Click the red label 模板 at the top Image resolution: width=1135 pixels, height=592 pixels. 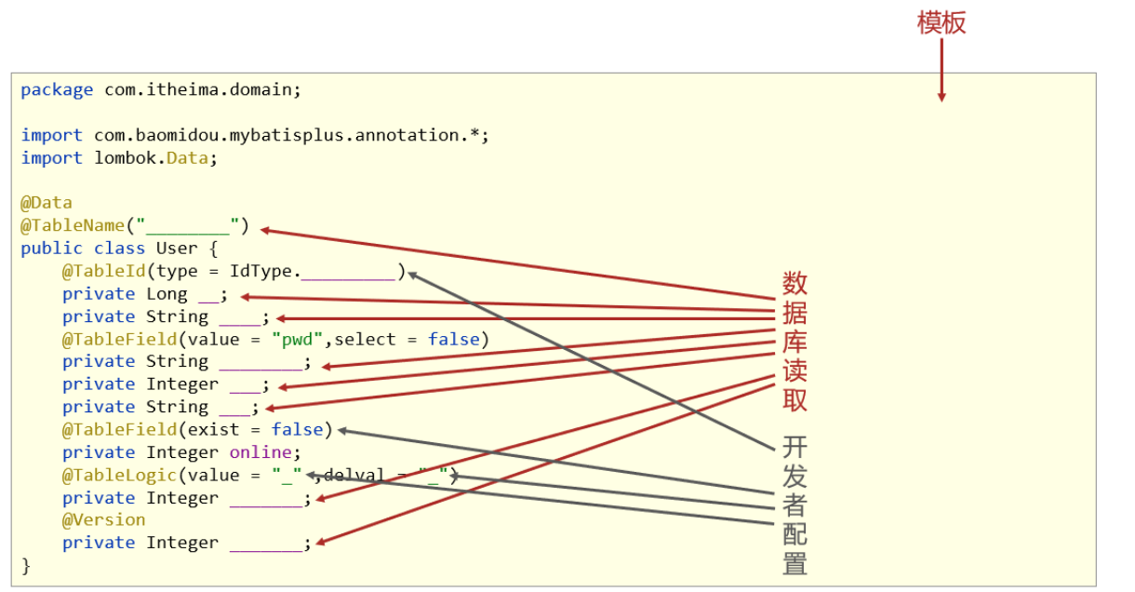[x=941, y=22]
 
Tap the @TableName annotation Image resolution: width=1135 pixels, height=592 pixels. [x=73, y=225]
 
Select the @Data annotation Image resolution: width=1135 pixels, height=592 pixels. [x=46, y=203]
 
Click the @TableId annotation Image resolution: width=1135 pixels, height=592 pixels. [x=103, y=271]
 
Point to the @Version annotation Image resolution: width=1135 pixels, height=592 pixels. [x=103, y=519]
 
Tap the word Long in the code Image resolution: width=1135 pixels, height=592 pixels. [x=167, y=294]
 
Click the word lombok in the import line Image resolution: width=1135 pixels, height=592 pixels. [x=125, y=158]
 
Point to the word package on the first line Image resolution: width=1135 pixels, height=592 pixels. [x=57, y=90]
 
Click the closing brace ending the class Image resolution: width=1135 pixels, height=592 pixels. [x=26, y=565]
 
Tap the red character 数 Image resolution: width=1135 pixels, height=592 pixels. [x=794, y=282]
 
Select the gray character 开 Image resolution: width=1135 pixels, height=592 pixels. [x=794, y=447]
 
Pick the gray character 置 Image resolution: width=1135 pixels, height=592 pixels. [x=794, y=563]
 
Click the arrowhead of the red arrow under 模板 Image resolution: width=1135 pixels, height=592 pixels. [x=941, y=96]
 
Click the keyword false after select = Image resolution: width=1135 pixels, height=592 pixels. [x=453, y=339]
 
